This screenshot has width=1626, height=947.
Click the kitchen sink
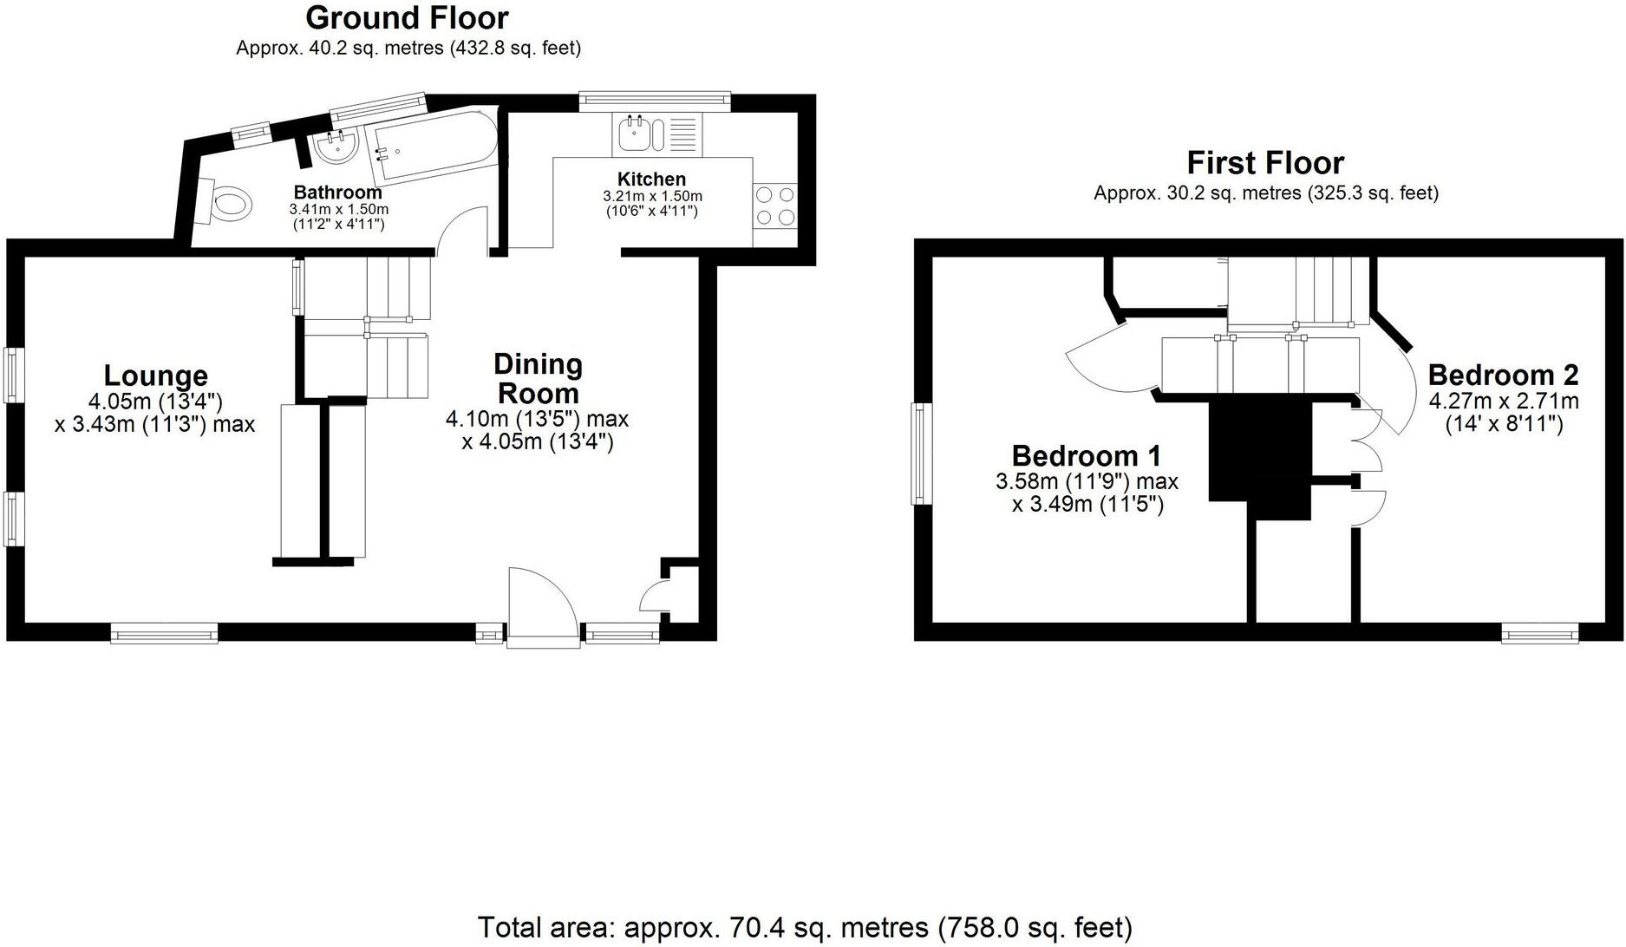click(641, 135)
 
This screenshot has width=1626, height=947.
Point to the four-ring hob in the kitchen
click(774, 206)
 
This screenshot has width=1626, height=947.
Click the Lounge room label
click(156, 376)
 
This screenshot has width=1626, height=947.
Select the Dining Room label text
click(538, 378)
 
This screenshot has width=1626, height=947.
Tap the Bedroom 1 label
click(1086, 456)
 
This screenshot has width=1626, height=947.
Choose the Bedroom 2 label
click(1503, 376)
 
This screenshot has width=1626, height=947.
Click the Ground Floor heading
click(407, 17)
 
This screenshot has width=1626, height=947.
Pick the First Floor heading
click(1265, 163)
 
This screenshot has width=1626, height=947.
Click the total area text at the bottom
click(805, 927)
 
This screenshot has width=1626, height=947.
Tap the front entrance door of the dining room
click(543, 607)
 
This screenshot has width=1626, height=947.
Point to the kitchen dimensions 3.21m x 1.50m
click(652, 197)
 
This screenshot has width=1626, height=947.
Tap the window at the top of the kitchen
click(655, 101)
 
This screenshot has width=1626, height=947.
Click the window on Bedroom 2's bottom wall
click(1540, 635)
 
